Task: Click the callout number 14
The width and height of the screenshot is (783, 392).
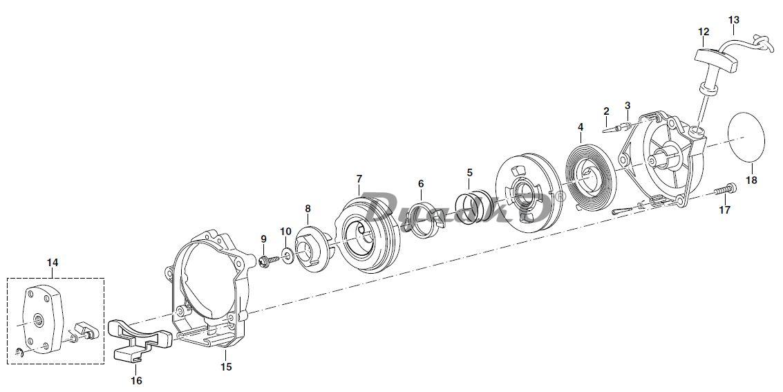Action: (x=53, y=262)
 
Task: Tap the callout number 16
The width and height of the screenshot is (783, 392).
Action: (x=136, y=380)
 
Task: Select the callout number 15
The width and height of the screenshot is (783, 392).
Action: (x=225, y=366)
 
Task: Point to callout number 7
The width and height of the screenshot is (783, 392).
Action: (x=359, y=178)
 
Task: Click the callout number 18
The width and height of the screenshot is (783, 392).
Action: (x=752, y=180)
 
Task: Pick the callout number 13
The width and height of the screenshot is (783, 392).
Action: (x=734, y=20)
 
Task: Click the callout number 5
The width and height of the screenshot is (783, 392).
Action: (x=470, y=172)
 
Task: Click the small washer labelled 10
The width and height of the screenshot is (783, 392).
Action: (x=286, y=250)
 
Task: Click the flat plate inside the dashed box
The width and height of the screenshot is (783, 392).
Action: (x=46, y=319)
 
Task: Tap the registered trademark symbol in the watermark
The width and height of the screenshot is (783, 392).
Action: (x=560, y=196)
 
